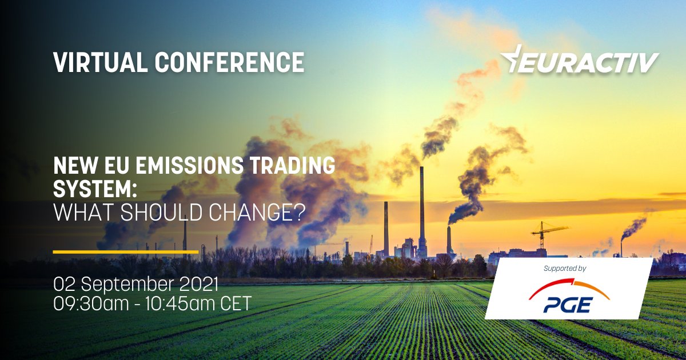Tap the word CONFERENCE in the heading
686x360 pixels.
click(x=229, y=62)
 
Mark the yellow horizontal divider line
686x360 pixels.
click(x=125, y=251)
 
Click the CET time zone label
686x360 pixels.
click(x=235, y=303)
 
